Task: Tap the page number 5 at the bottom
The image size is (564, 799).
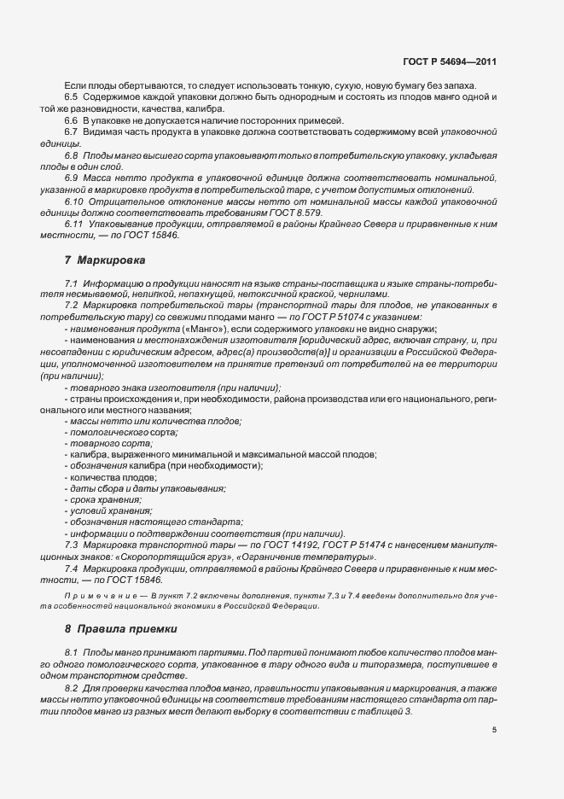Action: point(495,730)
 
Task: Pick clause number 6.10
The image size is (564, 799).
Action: point(73,201)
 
